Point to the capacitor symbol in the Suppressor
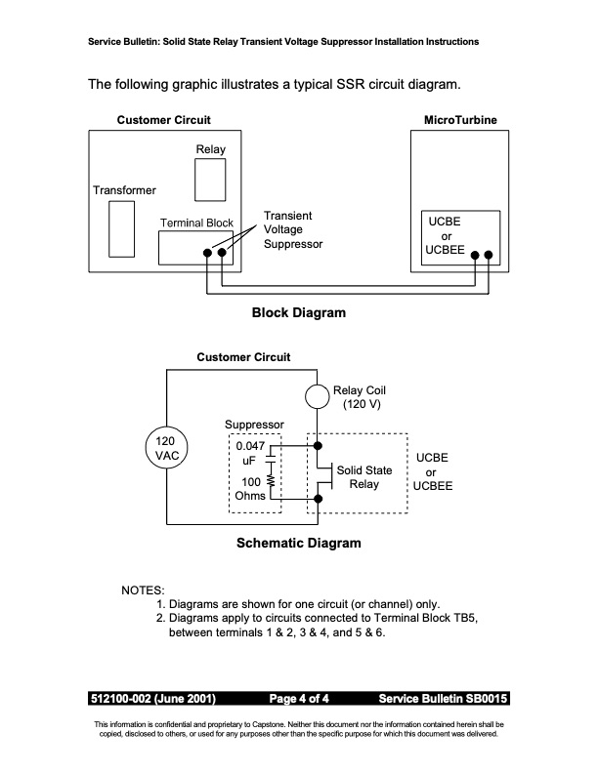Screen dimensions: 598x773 (271, 460)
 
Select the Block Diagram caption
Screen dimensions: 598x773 (298, 312)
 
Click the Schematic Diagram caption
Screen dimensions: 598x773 (298, 543)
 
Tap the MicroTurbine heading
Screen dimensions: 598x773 (460, 120)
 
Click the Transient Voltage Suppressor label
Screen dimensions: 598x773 (293, 229)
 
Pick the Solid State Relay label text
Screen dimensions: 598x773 (364, 477)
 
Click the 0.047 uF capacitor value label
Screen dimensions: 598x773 (250, 453)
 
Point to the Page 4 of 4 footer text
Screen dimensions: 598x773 (298, 699)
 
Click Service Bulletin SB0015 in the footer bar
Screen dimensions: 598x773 (443, 699)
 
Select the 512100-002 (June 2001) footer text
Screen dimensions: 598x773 (153, 699)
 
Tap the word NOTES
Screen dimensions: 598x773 (143, 590)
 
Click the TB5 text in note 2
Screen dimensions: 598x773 (466, 618)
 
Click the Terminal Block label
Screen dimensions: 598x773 (196, 223)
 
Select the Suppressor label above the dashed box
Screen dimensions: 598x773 (254, 425)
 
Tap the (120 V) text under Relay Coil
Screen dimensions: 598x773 (362, 404)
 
